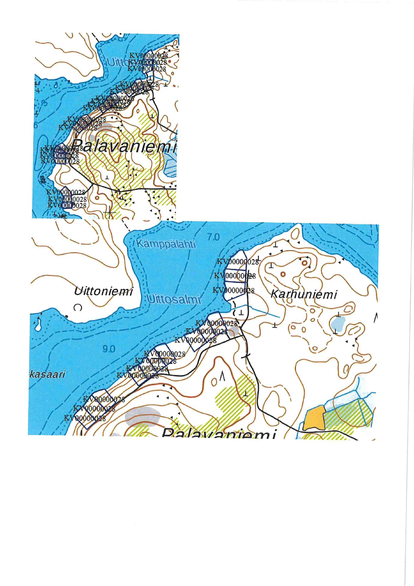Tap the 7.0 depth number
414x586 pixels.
pyautogui.click(x=213, y=237)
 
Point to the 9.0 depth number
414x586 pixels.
pyautogui.click(x=109, y=349)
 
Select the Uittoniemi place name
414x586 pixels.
pyautogui.click(x=103, y=291)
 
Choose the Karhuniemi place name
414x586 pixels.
pyautogui.click(x=304, y=295)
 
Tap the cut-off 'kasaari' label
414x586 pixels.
pyautogui.click(x=47, y=374)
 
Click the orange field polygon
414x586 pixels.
pyautogui.click(x=314, y=418)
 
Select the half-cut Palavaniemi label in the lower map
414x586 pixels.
pyautogui.click(x=218, y=434)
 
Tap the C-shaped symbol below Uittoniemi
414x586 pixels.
pyautogui.click(x=78, y=308)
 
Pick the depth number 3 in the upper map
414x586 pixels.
pyautogui.click(x=45, y=103)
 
